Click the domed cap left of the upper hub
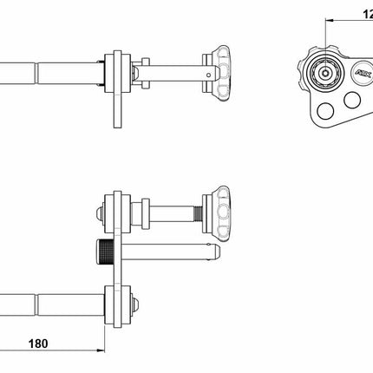click(102, 211)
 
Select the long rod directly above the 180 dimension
click(52, 301)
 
